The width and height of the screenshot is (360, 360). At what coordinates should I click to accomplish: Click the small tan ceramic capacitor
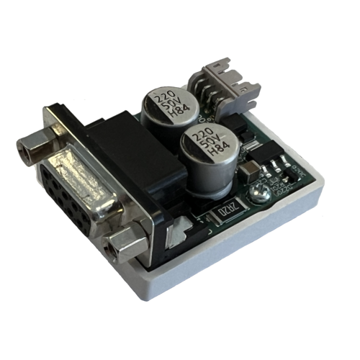coord(249,171)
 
